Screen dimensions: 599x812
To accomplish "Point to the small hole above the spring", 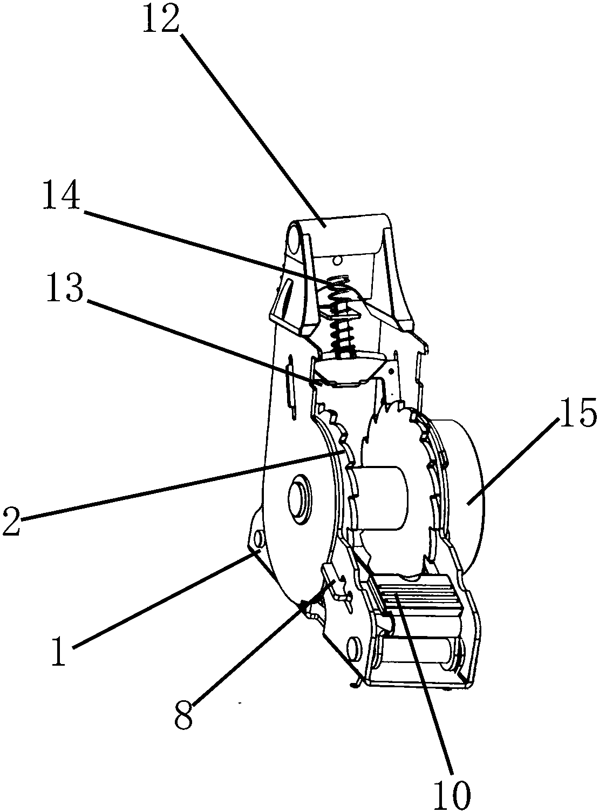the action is [x=337, y=260].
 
